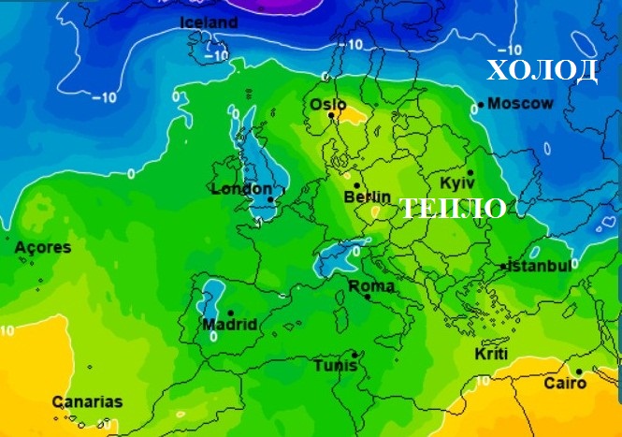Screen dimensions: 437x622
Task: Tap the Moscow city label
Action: click(x=521, y=103)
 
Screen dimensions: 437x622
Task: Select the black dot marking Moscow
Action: click(x=480, y=105)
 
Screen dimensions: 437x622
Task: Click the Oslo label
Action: click(x=327, y=104)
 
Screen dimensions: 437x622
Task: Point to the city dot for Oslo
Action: click(x=330, y=115)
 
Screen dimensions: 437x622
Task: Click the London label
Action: click(x=240, y=188)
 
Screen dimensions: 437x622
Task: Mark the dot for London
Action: click(x=269, y=199)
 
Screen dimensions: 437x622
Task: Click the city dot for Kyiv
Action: click(x=470, y=172)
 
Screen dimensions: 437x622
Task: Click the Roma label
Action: click(x=371, y=285)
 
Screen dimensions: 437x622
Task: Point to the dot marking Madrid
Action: click(x=230, y=312)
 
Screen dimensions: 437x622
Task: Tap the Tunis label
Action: click(x=336, y=365)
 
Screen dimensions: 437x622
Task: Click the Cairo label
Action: click(x=565, y=384)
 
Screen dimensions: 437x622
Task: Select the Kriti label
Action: click(x=491, y=356)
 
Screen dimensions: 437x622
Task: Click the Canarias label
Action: click(x=87, y=401)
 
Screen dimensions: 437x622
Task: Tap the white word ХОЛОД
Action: click(x=542, y=70)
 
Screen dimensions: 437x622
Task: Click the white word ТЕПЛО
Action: click(x=454, y=208)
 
